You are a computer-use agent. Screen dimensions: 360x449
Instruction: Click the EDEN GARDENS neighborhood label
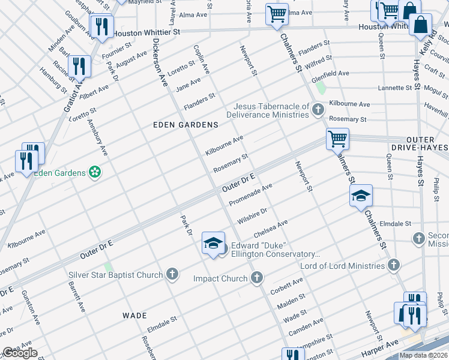click(x=185, y=125)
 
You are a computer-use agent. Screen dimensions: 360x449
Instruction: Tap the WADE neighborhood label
click(x=134, y=315)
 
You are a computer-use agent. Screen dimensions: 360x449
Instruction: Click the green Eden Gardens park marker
click(x=94, y=173)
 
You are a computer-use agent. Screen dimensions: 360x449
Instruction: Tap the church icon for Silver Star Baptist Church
click(x=172, y=275)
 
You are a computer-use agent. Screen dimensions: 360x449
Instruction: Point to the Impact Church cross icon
click(x=257, y=278)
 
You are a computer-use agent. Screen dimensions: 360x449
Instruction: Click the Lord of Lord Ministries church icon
click(x=394, y=265)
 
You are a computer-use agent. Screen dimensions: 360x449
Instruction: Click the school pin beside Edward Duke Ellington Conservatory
click(x=213, y=244)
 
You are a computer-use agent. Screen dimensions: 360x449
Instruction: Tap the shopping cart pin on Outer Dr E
click(x=338, y=139)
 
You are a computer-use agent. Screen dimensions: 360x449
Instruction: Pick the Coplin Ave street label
click(x=202, y=59)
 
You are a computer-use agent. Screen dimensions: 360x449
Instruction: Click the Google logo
click(x=20, y=353)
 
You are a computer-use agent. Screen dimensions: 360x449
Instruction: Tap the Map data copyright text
click(x=423, y=355)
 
